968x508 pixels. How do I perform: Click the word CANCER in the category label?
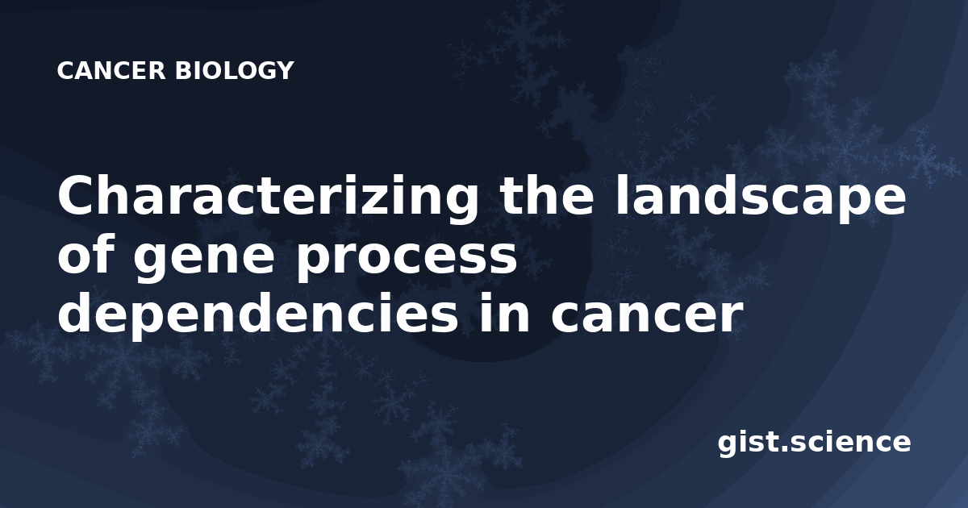coord(111,70)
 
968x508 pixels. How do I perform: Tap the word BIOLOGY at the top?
coord(234,70)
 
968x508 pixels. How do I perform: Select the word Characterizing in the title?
coord(268,196)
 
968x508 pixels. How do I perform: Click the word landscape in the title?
coord(761,196)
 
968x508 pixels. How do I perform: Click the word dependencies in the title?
coord(257,313)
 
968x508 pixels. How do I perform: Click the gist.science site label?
coord(814,443)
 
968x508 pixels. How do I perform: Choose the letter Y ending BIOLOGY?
coord(284,70)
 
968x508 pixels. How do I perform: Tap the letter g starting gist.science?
coord(728,446)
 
